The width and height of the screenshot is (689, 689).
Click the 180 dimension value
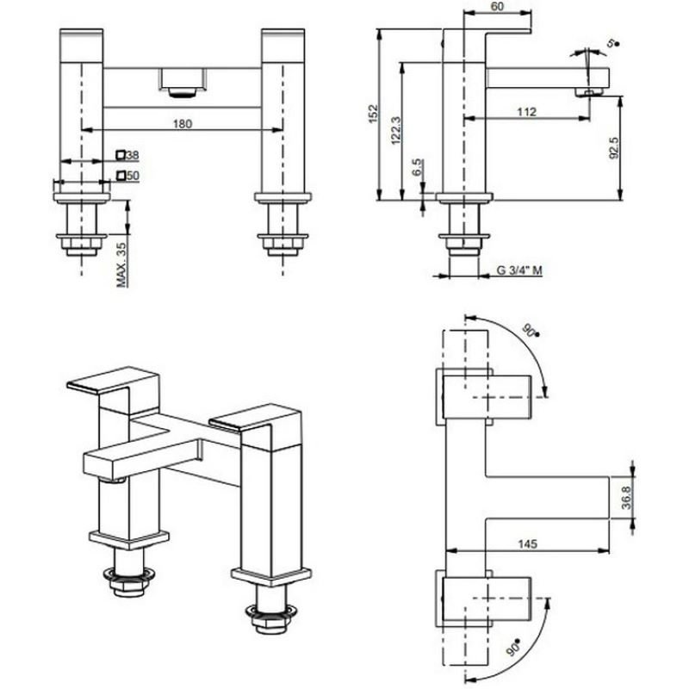pos(182,123)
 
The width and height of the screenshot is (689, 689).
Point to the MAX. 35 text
pos(121,264)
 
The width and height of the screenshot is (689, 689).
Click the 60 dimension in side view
pos(498,7)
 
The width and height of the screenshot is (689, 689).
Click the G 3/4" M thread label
pos(519,270)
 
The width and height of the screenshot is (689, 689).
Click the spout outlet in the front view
pos(181,84)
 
